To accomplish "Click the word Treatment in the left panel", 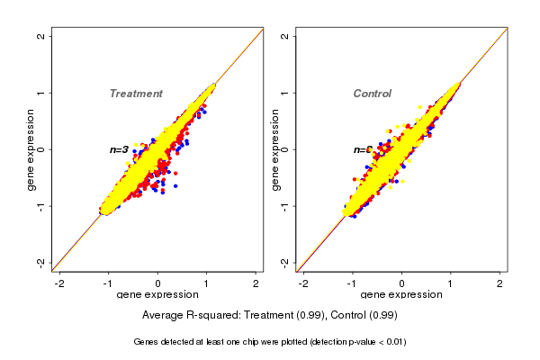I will click(x=136, y=94).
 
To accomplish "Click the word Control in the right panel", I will click(x=372, y=94).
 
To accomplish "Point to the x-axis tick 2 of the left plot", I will click(x=256, y=283).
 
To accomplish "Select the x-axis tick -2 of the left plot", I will click(x=59, y=283).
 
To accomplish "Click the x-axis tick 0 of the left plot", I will click(x=157, y=283).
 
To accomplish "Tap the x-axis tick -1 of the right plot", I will click(x=352, y=283).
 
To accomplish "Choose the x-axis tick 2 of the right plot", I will click(x=499, y=283).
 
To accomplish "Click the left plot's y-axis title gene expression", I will click(x=31, y=149).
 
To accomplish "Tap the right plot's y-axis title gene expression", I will click(x=275, y=149).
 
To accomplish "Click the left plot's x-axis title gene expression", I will click(x=157, y=295).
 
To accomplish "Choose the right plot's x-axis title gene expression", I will click(x=401, y=295).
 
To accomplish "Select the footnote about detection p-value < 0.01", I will click(x=270, y=342).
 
